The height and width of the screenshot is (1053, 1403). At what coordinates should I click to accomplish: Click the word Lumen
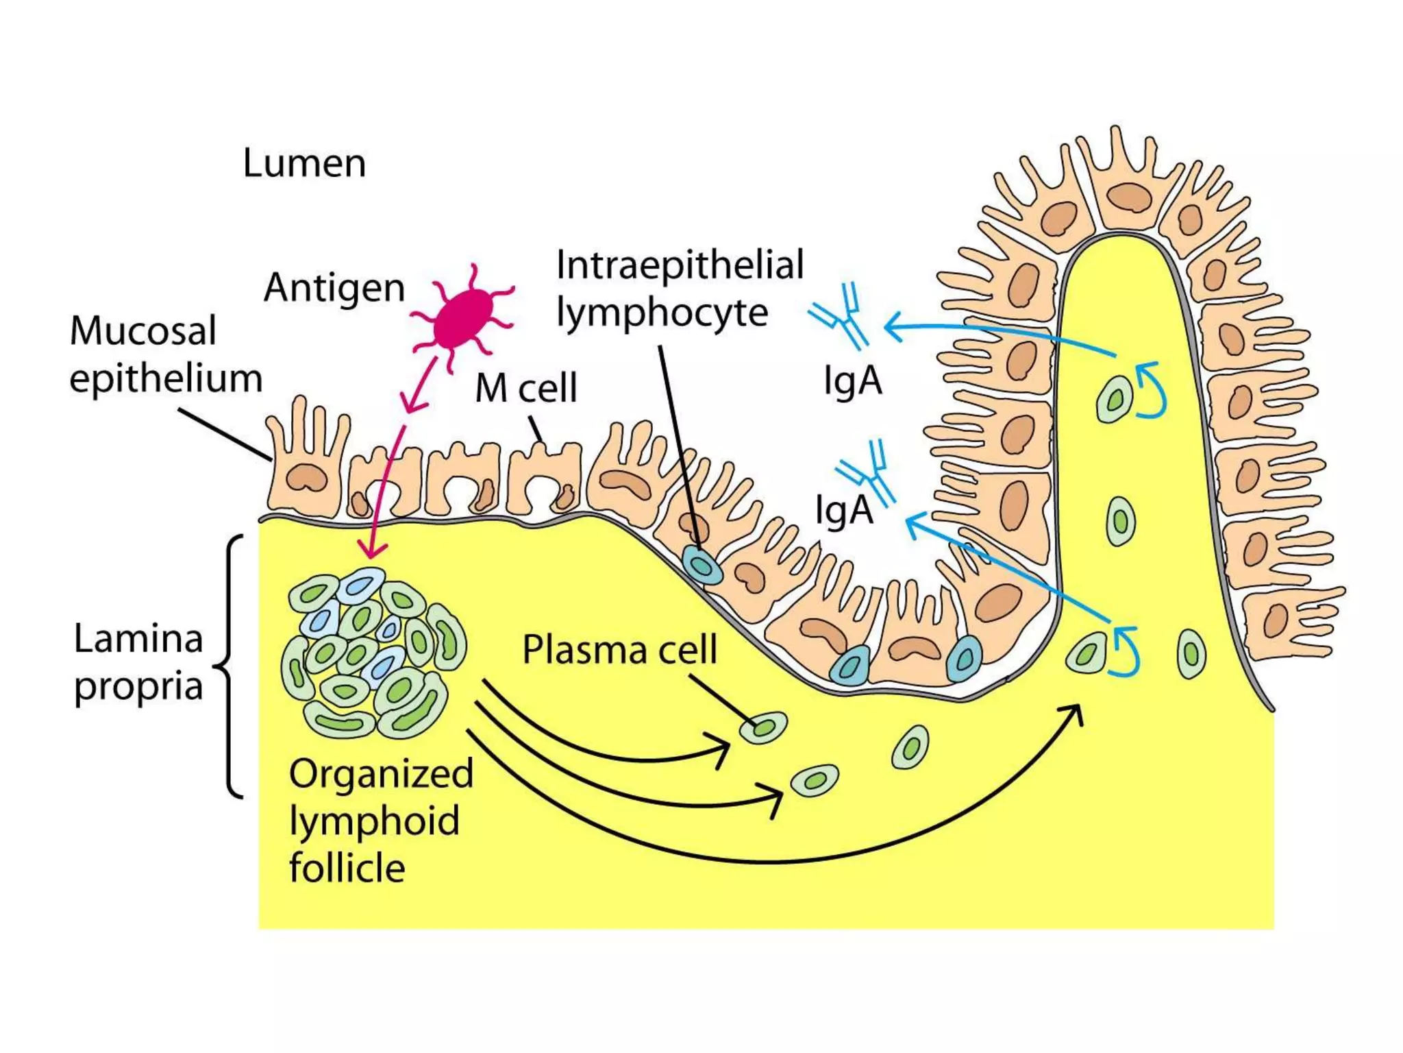pos(304,164)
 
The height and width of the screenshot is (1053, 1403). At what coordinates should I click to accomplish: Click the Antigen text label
pos(334,287)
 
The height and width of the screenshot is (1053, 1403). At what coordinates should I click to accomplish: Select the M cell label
pos(526,388)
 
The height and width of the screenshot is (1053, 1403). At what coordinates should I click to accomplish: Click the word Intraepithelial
pos(680,265)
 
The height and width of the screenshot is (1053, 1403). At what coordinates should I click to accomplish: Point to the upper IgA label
pos(852,381)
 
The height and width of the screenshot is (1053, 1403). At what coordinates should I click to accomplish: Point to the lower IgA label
pos(844,510)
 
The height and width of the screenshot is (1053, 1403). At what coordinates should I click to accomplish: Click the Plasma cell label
pos(619,649)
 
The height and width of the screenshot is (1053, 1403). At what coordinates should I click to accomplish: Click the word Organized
pos(381,774)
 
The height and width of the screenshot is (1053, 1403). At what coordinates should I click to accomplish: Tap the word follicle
pos(347,868)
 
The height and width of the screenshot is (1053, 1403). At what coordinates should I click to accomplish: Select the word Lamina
pos(138,639)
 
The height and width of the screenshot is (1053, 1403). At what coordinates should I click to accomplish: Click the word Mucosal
pos(143,331)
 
